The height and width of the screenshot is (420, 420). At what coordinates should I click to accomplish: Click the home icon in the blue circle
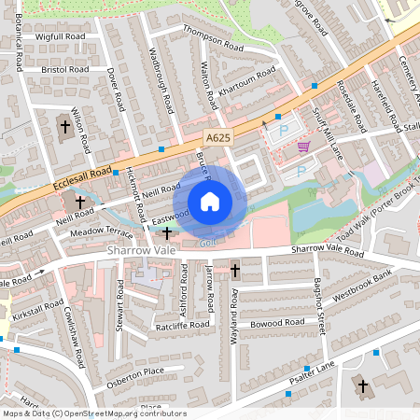pyautogui.click(x=210, y=202)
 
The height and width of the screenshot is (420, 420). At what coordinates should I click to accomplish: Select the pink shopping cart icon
pyautogui.click(x=303, y=147)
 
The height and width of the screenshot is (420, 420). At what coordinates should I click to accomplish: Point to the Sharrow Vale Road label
pyautogui.click(x=327, y=251)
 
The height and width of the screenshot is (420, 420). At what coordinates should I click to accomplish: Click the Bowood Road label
pyautogui.click(x=277, y=322)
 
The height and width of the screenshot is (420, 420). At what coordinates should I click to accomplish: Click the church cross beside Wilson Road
pyautogui.click(x=65, y=126)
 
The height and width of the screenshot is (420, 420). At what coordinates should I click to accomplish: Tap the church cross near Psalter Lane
pyautogui.click(x=361, y=384)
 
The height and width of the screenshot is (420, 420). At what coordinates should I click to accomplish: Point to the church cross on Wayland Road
pyautogui.click(x=234, y=271)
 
